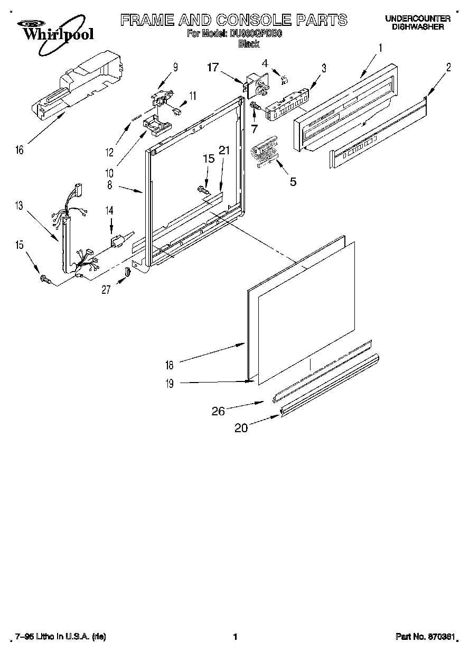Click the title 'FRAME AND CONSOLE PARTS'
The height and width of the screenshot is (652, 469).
pyautogui.click(x=234, y=20)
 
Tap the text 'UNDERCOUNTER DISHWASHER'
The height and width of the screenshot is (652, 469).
pyautogui.click(x=417, y=22)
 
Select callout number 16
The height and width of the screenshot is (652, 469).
pyautogui.click(x=20, y=150)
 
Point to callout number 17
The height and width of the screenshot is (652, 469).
pyautogui.click(x=212, y=67)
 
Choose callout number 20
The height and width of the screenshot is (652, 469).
pyautogui.click(x=241, y=428)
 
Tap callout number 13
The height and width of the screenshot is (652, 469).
pyautogui.click(x=19, y=206)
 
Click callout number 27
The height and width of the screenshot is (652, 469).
pyautogui.click(x=107, y=289)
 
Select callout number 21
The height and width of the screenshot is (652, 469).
pyautogui.click(x=224, y=151)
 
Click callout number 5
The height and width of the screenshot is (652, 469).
pyautogui.click(x=292, y=182)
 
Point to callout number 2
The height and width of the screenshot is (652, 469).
pyautogui.click(x=448, y=67)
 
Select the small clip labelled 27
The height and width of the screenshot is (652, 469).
pyautogui.click(x=127, y=273)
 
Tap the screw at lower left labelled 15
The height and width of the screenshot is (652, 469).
pyautogui.click(x=44, y=278)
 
